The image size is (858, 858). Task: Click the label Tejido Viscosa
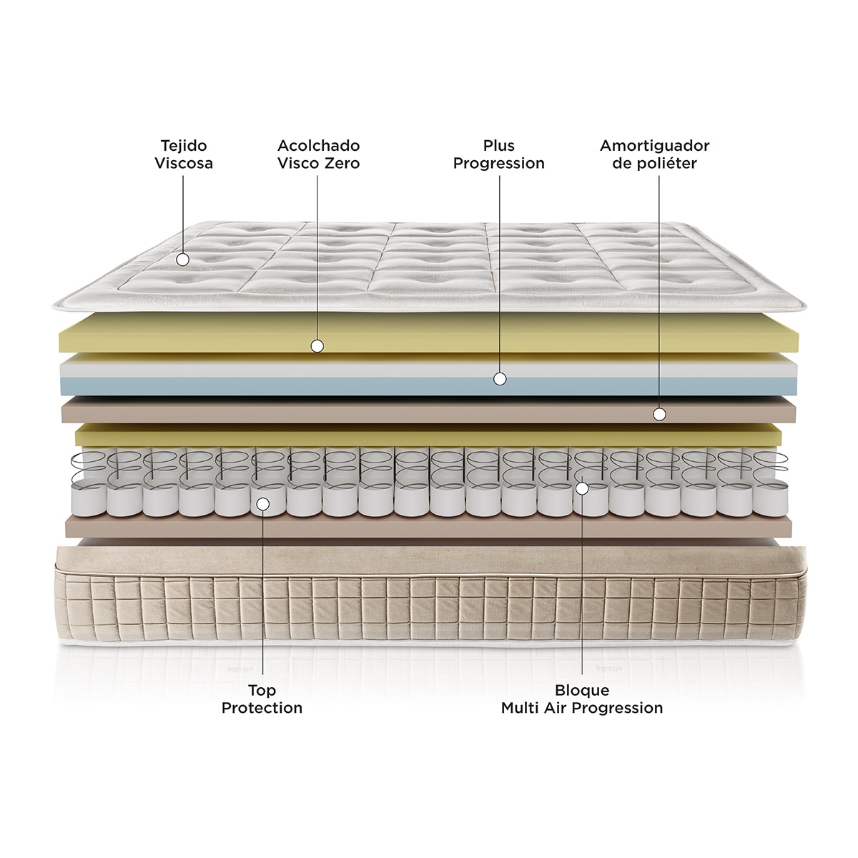184,154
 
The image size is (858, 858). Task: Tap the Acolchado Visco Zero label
318,154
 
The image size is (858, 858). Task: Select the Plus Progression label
498,154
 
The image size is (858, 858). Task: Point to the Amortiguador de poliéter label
654,154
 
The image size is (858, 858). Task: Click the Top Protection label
262,699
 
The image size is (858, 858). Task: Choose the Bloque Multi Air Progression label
582,699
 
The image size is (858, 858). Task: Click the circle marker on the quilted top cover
182,260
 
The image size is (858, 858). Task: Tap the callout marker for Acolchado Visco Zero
317,346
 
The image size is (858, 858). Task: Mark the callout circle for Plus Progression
500,379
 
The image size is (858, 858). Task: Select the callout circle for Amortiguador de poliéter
659,415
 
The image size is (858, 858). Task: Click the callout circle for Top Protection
263,504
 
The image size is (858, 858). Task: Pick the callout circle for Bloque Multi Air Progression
582,488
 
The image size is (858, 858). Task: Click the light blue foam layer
428,386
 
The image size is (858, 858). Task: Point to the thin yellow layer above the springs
428,435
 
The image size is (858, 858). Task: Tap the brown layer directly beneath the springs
428,526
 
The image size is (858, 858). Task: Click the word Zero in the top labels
342,164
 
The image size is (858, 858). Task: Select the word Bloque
582,691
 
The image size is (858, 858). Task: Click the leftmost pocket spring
88,483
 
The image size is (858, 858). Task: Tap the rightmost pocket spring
770,483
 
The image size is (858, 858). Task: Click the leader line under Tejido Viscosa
183,214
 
